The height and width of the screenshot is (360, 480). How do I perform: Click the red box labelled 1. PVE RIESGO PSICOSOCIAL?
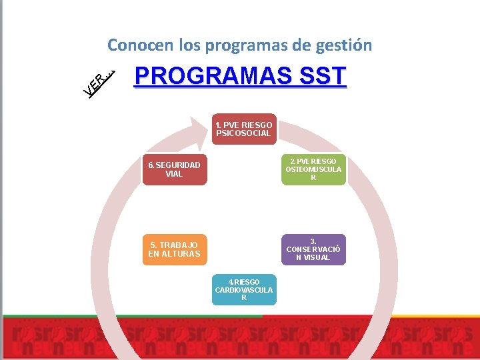(x=243, y=129)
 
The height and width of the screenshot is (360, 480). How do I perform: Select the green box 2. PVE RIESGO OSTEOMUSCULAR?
(x=313, y=169)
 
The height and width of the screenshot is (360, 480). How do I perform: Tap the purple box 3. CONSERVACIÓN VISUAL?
(x=313, y=249)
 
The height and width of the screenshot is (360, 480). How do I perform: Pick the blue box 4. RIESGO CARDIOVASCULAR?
(x=243, y=290)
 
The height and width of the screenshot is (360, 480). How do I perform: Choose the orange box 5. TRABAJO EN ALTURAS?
(x=174, y=249)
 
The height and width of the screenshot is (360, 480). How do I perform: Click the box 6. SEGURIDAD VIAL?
(x=174, y=169)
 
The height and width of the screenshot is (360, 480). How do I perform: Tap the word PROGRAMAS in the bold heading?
(x=209, y=76)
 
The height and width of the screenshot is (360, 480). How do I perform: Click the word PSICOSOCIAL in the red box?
(x=243, y=133)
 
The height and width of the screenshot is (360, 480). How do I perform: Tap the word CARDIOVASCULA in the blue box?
(x=243, y=290)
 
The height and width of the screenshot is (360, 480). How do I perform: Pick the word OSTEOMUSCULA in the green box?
(x=313, y=169)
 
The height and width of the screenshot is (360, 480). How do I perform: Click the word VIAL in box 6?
(x=174, y=174)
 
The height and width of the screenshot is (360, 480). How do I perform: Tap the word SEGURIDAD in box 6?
(x=177, y=165)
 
